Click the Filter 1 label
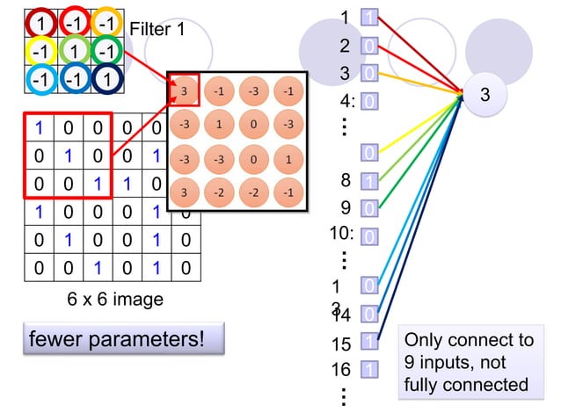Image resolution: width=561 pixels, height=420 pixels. coord(157,30)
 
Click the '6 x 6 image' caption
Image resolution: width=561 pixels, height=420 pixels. coord(115,300)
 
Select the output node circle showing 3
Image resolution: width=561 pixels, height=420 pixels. coord(484,95)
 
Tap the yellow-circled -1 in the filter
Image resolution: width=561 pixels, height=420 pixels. coord(40,49)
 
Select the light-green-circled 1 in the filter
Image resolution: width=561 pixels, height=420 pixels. coord(74,49)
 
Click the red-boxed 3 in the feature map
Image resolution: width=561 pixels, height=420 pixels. coord(184,91)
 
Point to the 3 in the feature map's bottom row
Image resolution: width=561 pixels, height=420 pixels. coord(184,192)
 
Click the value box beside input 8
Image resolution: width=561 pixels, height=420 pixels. coord(370,182)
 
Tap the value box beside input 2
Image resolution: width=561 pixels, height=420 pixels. coord(370,46)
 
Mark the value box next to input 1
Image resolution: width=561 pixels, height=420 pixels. coord(370,18)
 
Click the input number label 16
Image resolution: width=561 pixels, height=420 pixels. coord(341,370)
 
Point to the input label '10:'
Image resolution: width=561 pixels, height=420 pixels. coord(341,234)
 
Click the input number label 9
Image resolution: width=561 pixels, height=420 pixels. coord(346,208)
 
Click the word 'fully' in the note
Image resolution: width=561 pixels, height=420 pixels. coord(422,385)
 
